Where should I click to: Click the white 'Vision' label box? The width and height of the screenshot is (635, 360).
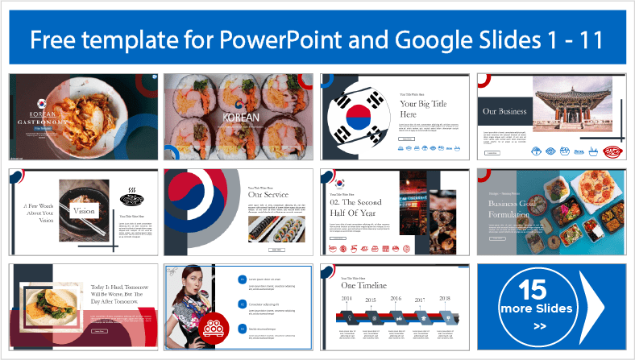pyautogui.click(x=85, y=211)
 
